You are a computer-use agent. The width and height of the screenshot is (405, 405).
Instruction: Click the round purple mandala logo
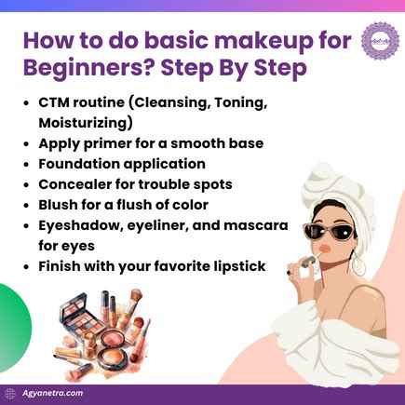click(x=378, y=42)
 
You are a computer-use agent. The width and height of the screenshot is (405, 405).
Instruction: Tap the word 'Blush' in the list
click(x=61, y=205)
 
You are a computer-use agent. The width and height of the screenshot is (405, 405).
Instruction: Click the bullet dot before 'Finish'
click(x=27, y=267)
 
